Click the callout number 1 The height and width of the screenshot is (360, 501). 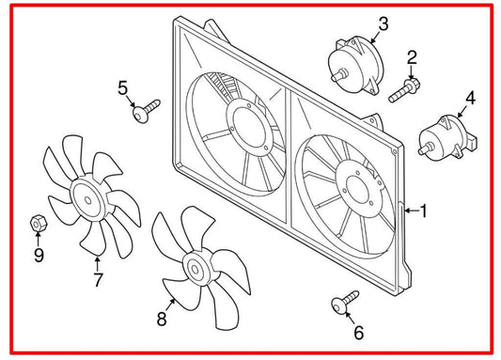click(423, 211)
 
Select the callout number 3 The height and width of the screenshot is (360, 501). click(384, 23)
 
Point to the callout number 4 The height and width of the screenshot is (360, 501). click(470, 97)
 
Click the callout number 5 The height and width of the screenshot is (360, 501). click(123, 88)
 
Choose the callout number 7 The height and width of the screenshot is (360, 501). click(98, 279)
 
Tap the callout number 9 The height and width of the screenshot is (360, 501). click(39, 255)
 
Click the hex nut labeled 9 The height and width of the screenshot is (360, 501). click(39, 224)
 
